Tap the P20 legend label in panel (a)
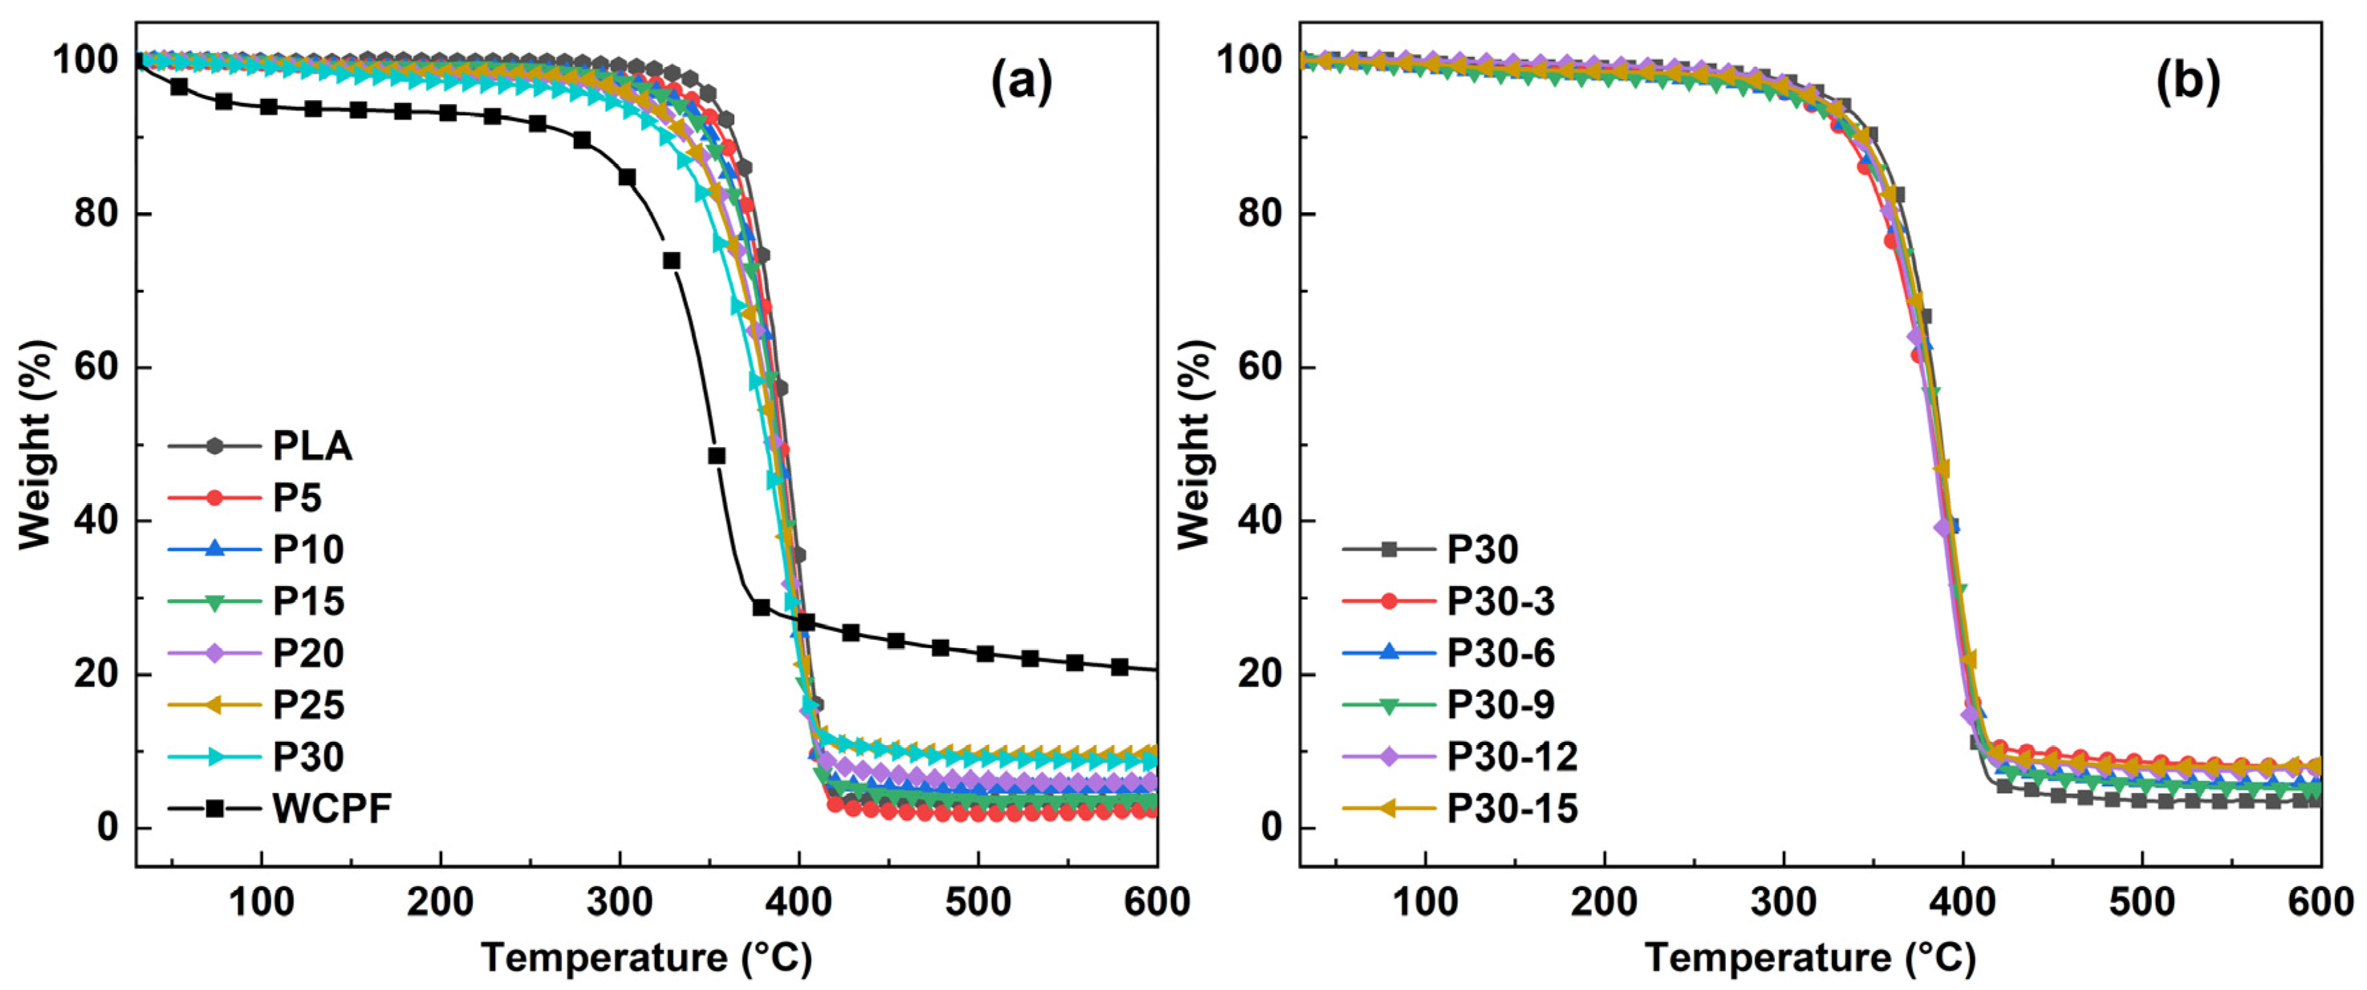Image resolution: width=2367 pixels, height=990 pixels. point(309,654)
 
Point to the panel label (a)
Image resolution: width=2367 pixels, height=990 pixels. point(1021,83)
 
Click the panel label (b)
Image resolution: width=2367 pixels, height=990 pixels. point(2187,83)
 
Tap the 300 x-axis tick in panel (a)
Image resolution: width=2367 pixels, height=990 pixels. point(620,902)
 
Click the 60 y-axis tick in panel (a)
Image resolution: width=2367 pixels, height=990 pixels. point(96,367)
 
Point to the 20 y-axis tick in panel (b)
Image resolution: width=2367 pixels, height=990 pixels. point(1259,673)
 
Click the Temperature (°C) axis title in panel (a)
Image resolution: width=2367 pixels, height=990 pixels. point(646,958)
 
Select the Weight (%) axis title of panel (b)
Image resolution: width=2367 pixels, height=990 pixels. point(1194,444)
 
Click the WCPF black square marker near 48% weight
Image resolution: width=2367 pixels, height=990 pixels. point(717,456)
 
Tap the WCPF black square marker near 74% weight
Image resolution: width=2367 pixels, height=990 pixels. point(672,261)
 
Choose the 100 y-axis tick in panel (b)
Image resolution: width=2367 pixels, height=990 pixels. point(1250,60)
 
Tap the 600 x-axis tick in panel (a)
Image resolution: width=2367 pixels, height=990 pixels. point(1156,902)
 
